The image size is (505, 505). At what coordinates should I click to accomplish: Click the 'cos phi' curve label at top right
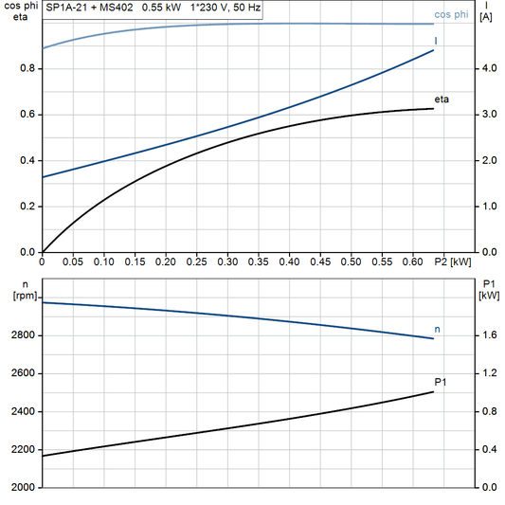(451, 15)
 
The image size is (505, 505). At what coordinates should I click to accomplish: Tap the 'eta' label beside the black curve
(442, 99)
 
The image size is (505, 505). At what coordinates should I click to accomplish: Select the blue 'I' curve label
(436, 42)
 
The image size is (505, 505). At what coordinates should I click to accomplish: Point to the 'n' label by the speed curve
(437, 329)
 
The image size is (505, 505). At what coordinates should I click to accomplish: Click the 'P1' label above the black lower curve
(441, 382)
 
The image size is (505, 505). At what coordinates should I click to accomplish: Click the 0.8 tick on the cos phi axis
(29, 68)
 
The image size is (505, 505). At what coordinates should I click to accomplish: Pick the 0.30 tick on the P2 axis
(227, 261)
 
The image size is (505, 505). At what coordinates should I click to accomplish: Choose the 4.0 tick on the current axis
(487, 68)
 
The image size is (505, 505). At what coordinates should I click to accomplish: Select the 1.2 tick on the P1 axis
(487, 373)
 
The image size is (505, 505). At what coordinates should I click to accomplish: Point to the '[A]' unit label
(486, 19)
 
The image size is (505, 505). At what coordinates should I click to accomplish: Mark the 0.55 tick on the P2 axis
(381, 261)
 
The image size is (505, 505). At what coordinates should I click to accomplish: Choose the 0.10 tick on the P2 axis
(104, 261)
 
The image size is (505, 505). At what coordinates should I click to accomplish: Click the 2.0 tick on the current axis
(487, 160)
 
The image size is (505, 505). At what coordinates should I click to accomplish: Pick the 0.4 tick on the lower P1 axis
(487, 449)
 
